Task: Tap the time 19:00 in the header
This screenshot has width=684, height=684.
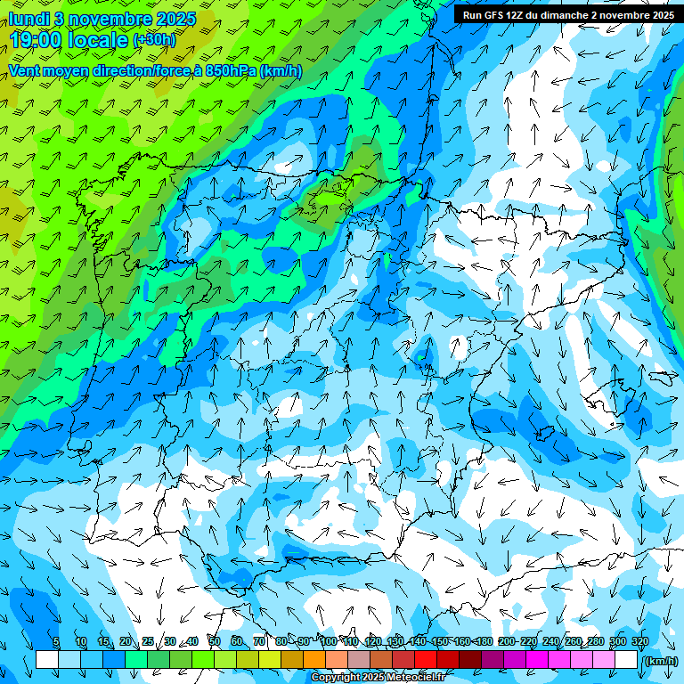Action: (37, 40)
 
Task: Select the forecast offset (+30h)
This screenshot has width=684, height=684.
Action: (154, 40)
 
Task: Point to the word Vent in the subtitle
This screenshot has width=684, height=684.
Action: (26, 70)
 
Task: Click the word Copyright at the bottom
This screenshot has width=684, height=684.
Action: (337, 678)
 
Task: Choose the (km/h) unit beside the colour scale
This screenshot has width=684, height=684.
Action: (659, 661)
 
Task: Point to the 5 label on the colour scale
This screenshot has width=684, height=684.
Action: (56, 641)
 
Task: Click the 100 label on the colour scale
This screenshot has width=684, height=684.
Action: (328, 641)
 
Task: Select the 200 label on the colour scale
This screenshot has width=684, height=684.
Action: (507, 641)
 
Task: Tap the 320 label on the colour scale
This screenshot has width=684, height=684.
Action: (639, 641)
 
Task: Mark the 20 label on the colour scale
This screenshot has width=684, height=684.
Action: (125, 641)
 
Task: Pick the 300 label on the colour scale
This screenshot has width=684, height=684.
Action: (617, 641)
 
